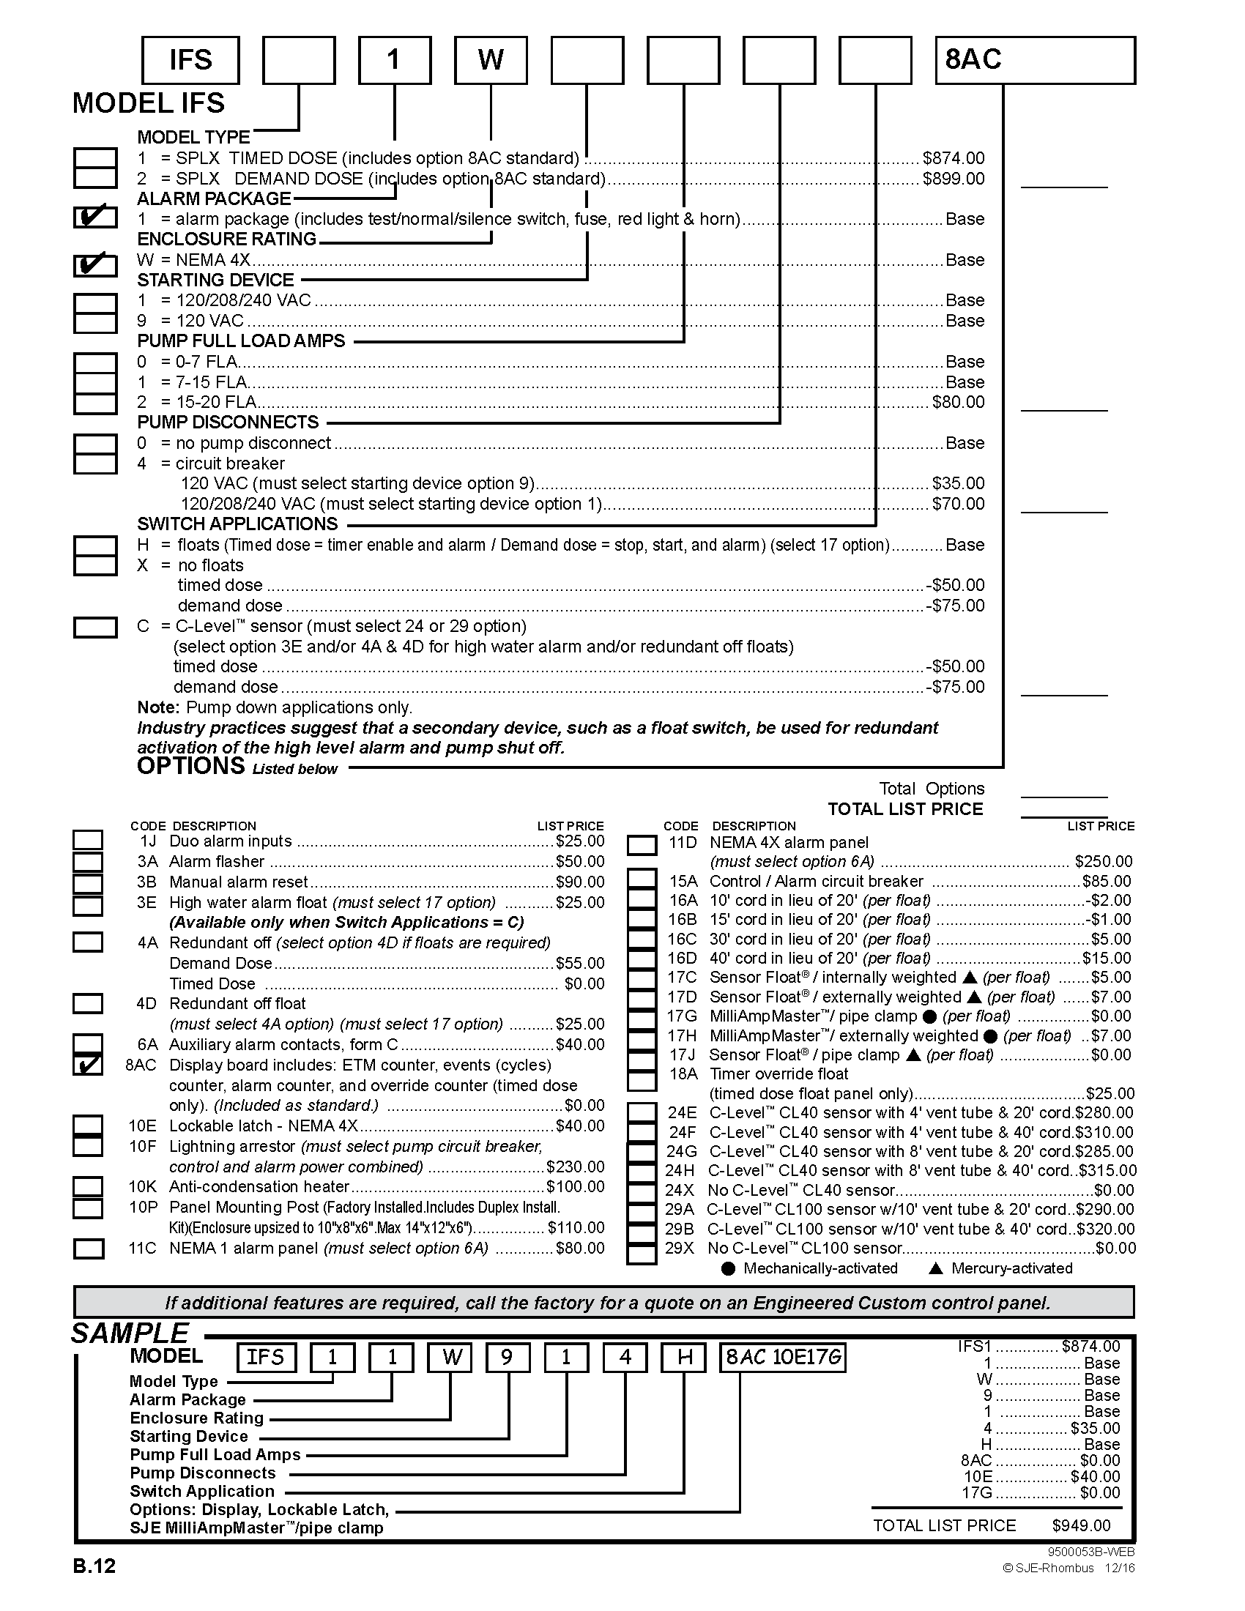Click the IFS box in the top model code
tap(190, 60)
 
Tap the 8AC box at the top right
tap(1034, 60)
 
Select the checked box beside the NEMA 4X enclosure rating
tap(95, 264)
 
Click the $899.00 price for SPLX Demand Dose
tap(953, 179)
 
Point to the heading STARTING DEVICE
tap(215, 280)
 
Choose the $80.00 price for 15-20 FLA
tap(958, 402)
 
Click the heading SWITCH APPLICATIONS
tap(237, 524)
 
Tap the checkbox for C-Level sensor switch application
tap(95, 627)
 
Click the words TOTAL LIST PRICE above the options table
tap(905, 809)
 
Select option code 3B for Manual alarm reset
tap(147, 882)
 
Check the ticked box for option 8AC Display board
tap(88, 1065)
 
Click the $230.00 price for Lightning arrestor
tap(576, 1167)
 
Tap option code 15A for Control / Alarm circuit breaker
tap(683, 882)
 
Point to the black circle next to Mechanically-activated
tap(728, 1269)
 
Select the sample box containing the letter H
tap(685, 1357)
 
